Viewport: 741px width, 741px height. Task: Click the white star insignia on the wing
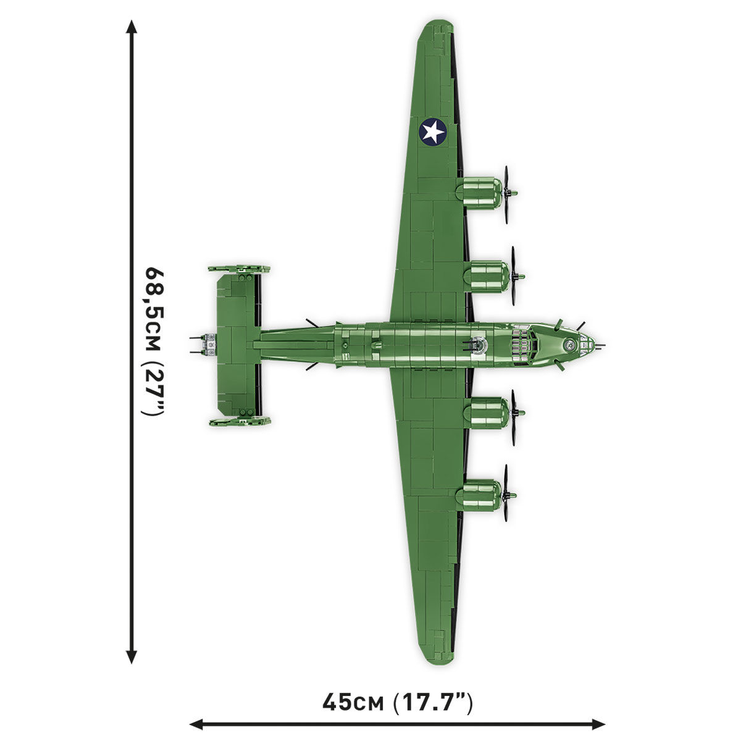click(x=433, y=132)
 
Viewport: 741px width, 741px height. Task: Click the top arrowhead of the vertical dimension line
click(x=131, y=26)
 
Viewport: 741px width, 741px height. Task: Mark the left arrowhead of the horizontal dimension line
click(x=196, y=723)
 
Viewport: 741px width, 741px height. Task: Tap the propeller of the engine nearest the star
click(x=507, y=193)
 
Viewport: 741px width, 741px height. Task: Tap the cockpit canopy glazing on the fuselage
click(x=525, y=344)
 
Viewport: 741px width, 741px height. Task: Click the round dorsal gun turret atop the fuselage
click(x=477, y=344)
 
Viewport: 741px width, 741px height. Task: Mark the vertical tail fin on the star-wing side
click(x=240, y=269)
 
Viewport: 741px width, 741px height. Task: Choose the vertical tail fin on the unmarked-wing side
click(x=240, y=422)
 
